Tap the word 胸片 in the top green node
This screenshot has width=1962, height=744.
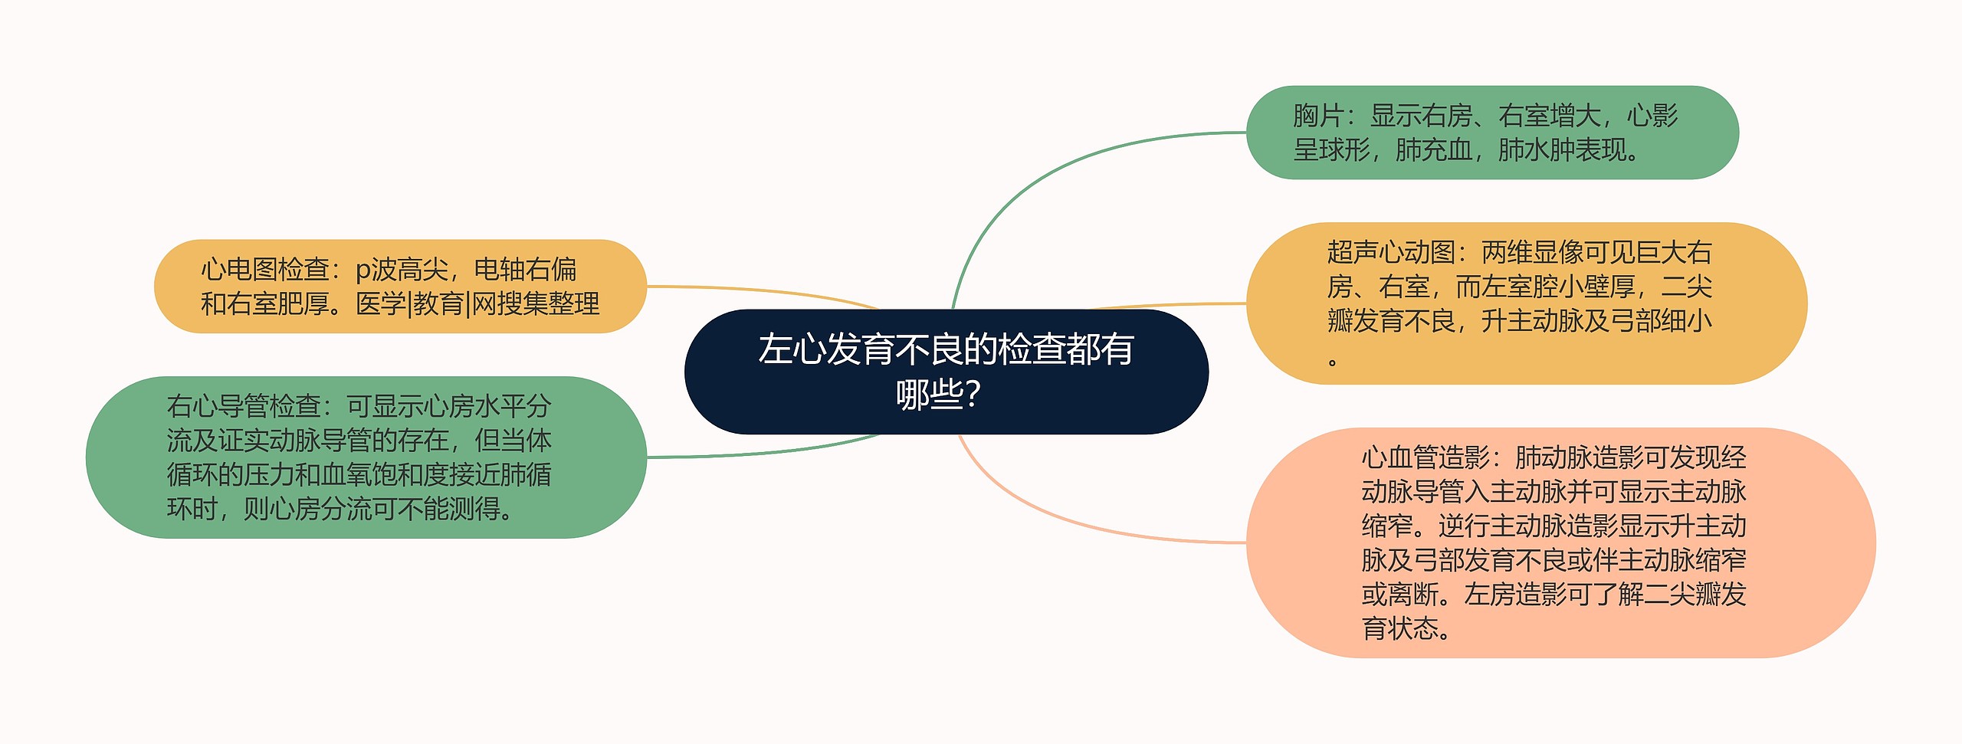tap(1317, 116)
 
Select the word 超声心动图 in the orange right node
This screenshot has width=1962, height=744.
tap(1390, 252)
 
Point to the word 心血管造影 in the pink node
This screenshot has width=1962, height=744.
tap(1426, 457)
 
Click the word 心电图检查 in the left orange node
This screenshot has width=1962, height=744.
tap(264, 270)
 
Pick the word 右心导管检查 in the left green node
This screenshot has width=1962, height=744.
tap(244, 406)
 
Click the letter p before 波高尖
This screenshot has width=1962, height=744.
tap(363, 270)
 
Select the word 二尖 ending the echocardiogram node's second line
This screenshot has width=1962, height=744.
tap(1686, 287)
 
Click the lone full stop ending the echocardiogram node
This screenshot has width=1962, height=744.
tap(1333, 361)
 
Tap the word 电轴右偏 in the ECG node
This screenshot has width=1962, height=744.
tap(525, 270)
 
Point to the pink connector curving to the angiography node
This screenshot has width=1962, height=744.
tap(1073, 521)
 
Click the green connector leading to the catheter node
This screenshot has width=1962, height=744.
tap(766, 453)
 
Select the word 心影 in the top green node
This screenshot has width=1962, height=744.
tap(1652, 116)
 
